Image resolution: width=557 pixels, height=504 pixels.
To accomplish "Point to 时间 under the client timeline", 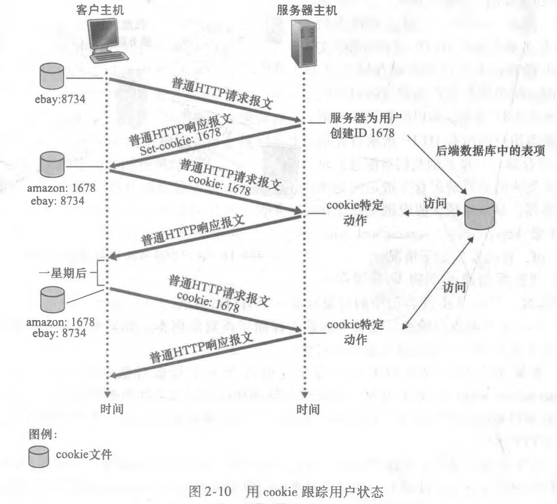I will coord(111,409).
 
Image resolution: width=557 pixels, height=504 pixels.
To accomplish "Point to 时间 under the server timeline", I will coord(308,409).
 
